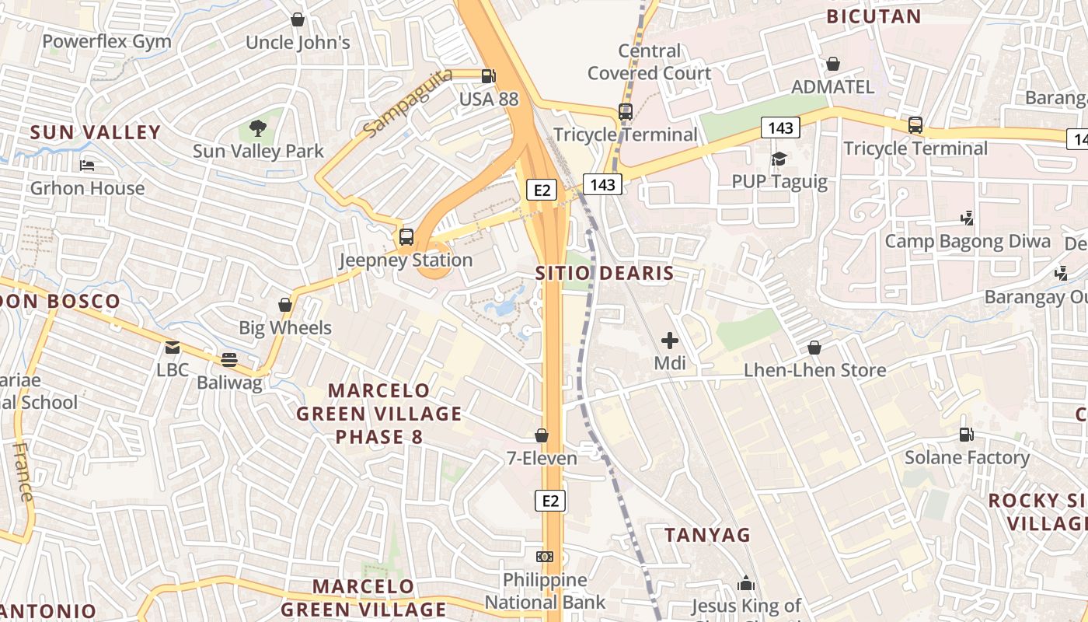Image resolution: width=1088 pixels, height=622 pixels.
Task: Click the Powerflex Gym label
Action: pos(106,41)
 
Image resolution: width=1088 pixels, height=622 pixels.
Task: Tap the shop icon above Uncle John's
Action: pos(297,19)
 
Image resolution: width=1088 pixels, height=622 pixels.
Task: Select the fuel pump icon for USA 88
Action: pos(488,76)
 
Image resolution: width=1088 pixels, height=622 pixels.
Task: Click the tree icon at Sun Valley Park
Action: pos(258,128)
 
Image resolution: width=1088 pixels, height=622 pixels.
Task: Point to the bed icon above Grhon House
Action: pos(87,166)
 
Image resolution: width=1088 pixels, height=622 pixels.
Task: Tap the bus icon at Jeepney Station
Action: pos(406,237)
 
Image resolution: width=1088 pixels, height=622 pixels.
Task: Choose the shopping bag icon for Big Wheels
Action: pos(285,305)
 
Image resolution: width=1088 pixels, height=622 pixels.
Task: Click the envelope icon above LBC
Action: pos(172,348)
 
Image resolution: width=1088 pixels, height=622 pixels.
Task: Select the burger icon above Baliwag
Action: pos(228,360)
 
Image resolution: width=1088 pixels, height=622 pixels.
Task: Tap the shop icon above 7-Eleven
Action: pos(542,436)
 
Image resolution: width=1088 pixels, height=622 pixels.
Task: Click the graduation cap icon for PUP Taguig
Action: pos(779,159)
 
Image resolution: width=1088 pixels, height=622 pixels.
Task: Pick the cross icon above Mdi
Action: pos(669,341)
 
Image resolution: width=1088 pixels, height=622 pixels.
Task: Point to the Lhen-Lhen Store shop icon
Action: pos(814,348)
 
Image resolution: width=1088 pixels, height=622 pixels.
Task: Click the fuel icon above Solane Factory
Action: pos(966,435)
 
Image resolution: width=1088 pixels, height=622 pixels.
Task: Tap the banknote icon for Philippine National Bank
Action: pos(545,557)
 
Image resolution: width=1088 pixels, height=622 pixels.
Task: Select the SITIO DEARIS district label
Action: pos(605,274)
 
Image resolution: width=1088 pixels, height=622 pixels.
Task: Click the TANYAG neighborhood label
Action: pos(708,535)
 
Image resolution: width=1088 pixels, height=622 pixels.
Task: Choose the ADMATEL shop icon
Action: pos(833,64)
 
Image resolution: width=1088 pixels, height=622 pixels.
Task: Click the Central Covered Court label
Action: pos(649,62)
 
